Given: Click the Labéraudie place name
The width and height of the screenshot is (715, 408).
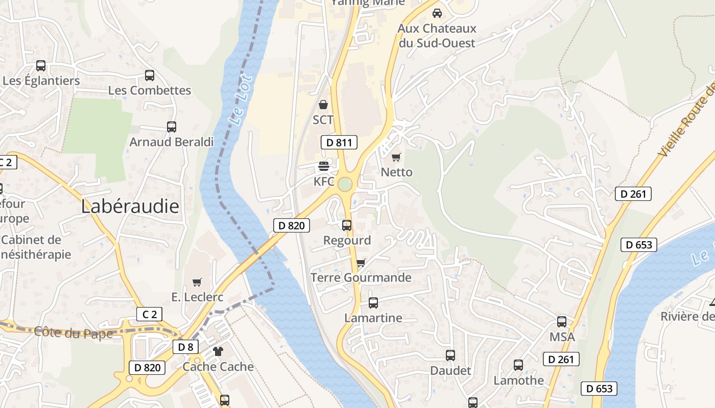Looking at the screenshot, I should (130, 207).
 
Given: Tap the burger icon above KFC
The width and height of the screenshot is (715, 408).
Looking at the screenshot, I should (323, 166).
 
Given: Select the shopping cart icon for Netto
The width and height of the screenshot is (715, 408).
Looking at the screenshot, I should (396, 157).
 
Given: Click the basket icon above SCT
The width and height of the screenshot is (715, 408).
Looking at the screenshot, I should (323, 105).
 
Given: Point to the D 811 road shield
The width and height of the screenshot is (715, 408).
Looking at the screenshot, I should (339, 143).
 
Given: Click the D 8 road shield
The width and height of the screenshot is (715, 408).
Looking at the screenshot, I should (185, 347).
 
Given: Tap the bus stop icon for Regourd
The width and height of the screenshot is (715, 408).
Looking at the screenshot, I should (347, 225).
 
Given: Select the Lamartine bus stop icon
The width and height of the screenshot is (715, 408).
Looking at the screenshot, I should (373, 303).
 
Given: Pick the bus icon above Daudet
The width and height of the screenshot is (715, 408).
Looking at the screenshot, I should (450, 355).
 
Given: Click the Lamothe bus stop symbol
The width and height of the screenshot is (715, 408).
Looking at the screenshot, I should (518, 365).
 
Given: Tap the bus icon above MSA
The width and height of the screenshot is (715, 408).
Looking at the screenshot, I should (562, 322).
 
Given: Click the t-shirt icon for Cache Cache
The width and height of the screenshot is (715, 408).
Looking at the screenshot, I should (218, 351).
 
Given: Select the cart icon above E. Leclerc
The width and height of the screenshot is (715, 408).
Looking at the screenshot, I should (197, 282).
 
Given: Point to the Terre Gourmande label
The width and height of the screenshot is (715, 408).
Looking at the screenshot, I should (361, 278).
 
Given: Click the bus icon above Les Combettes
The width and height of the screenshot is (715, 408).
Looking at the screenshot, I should (150, 75).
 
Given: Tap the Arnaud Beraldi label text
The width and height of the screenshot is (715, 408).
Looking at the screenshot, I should (172, 142).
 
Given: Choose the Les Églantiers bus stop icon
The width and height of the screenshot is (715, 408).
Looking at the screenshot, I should (41, 66).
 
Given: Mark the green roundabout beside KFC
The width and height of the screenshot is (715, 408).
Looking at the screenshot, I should (345, 185).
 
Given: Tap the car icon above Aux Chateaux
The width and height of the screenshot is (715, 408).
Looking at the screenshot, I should (437, 13).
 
